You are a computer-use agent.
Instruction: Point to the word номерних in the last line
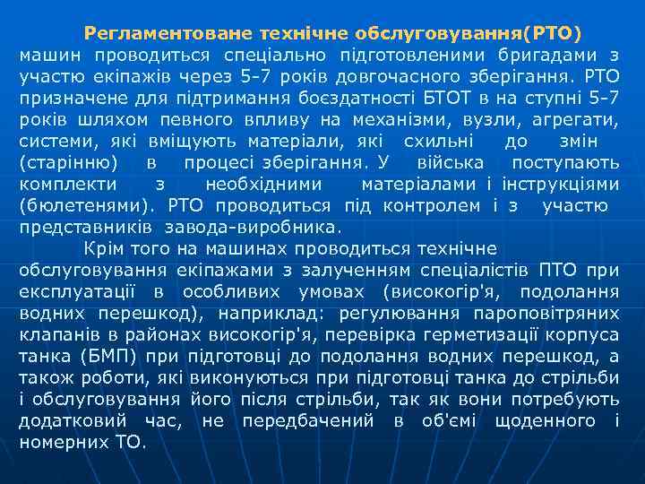64,443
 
